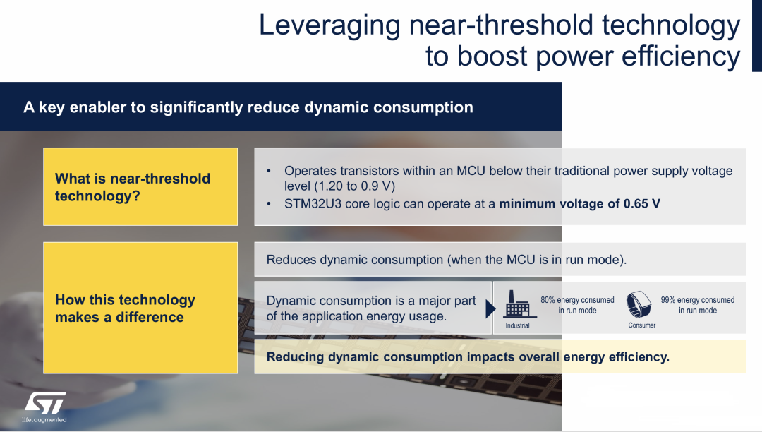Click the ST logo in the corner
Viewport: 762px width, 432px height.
click(x=45, y=403)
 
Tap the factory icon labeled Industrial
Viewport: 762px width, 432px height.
click(x=517, y=304)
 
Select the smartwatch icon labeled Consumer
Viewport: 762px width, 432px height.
click(x=638, y=304)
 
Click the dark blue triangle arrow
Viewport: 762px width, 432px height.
click(x=490, y=308)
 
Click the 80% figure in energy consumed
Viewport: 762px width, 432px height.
click(x=548, y=300)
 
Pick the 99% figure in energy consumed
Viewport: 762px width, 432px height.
click(x=667, y=300)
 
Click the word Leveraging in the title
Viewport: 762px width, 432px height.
click(x=329, y=26)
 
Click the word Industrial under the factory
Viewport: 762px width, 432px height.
click(x=517, y=325)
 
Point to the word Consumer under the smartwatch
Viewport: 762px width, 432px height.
click(x=641, y=325)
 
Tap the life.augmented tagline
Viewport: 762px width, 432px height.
click(x=44, y=419)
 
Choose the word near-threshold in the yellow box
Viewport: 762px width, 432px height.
click(x=160, y=179)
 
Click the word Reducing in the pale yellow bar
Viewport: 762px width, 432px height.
click(x=296, y=357)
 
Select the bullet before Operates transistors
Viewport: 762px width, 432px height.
click(x=269, y=171)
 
